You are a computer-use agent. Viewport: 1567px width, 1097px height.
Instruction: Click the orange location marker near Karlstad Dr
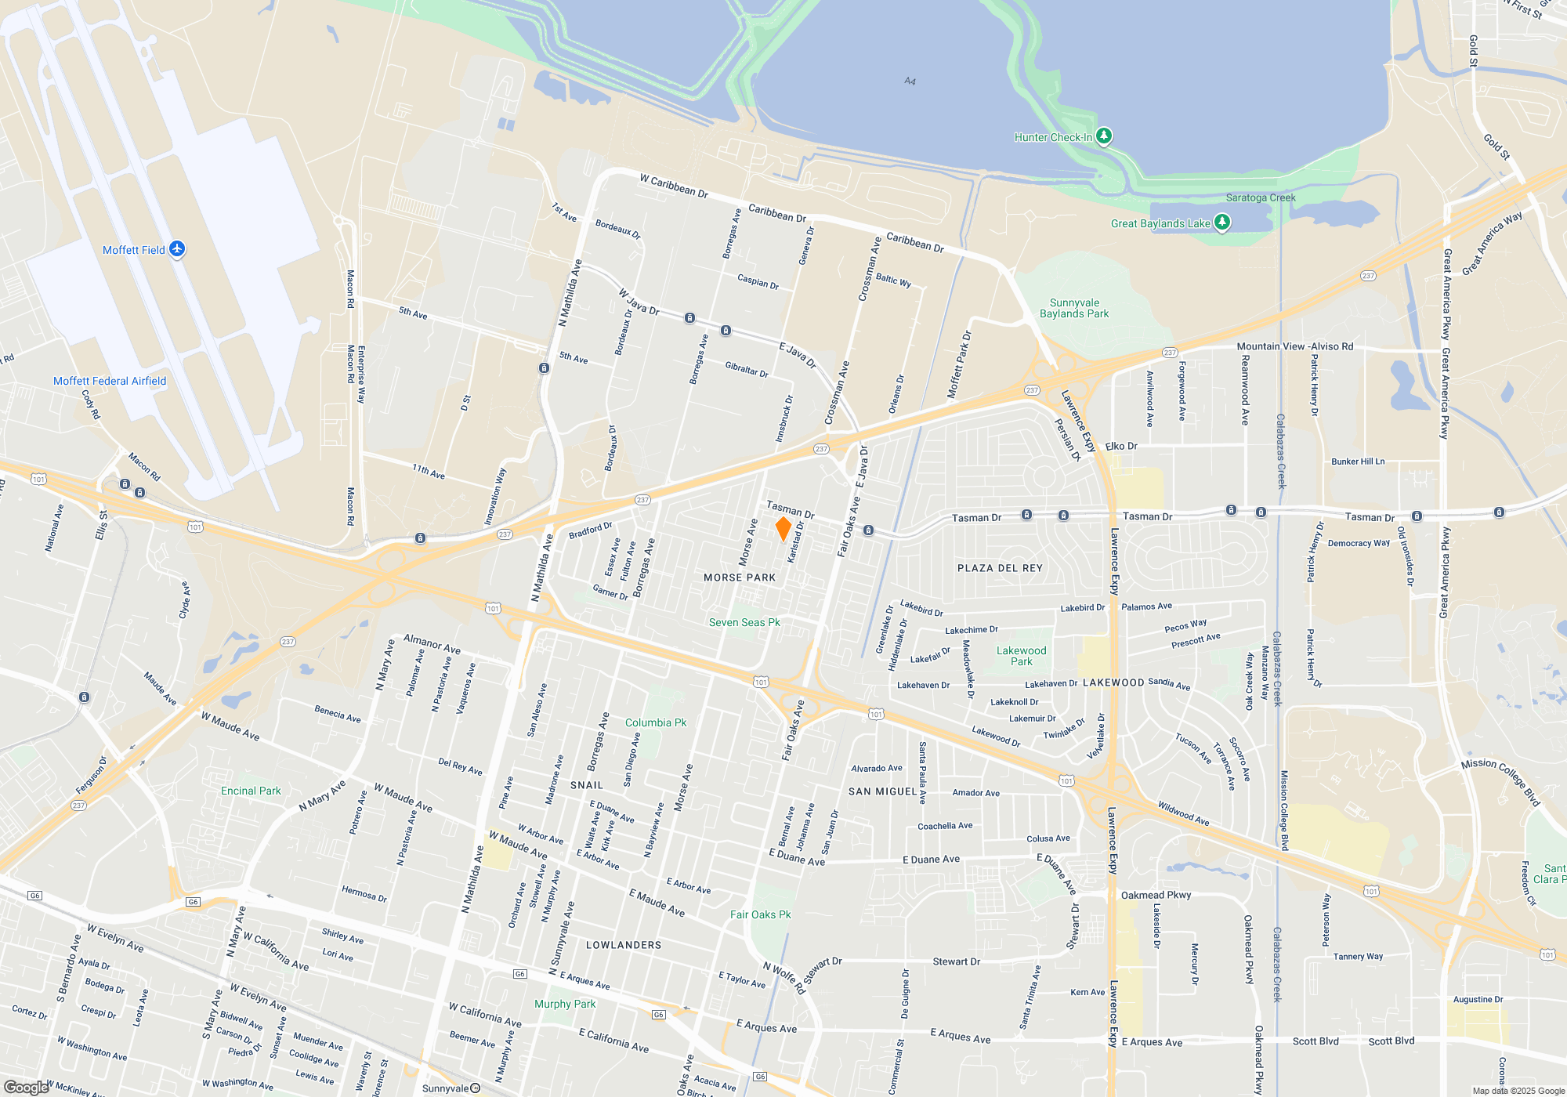pos(783,529)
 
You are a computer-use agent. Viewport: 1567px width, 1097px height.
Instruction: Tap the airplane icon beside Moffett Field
pos(177,249)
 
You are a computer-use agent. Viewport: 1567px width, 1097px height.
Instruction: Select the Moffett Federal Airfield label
pos(110,382)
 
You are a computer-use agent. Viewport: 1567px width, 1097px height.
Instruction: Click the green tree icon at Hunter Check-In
pos(1103,136)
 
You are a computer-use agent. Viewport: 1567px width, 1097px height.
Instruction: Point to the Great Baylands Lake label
pos(1160,224)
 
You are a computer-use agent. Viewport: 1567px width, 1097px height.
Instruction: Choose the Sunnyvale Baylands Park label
pos(1074,309)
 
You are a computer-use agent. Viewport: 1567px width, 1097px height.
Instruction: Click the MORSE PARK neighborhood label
pos(740,578)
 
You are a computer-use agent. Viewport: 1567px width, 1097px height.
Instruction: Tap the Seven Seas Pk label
pos(744,623)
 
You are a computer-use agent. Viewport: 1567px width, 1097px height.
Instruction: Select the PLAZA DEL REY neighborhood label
pos(1000,569)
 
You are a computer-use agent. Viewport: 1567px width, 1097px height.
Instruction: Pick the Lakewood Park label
pos(1021,657)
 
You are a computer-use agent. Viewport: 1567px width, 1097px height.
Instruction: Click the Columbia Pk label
pos(656,723)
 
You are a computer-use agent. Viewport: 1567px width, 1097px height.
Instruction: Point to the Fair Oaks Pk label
pos(760,915)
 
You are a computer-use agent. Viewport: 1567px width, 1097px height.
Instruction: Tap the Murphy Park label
pos(565,1005)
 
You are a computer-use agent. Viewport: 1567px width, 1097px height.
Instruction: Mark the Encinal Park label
pos(251,791)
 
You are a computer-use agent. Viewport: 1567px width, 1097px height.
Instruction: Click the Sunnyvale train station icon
pos(475,1088)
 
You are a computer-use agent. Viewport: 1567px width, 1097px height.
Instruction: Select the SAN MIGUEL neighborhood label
pos(882,792)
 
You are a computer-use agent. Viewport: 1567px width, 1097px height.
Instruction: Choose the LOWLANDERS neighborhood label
pos(624,946)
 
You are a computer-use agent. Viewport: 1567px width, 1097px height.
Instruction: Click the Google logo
pos(26,1088)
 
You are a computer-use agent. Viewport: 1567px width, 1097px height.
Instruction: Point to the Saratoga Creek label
pos(1261,198)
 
